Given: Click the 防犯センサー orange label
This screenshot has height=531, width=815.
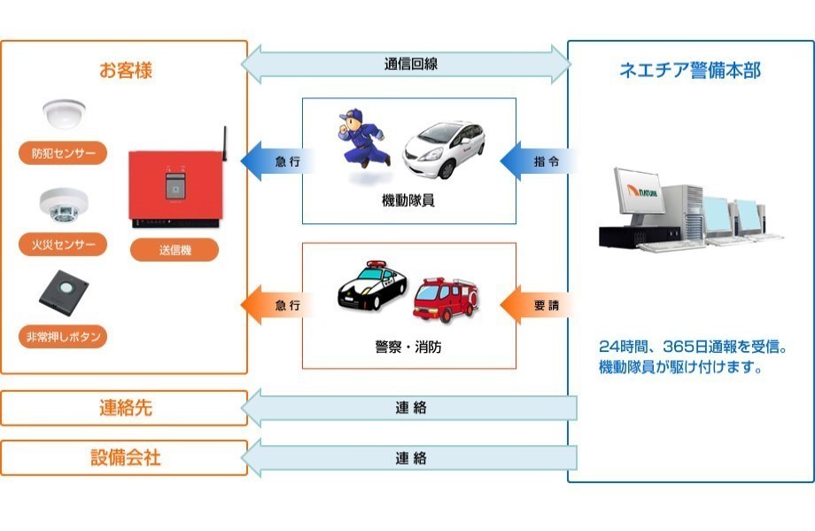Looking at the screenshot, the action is (x=63, y=152).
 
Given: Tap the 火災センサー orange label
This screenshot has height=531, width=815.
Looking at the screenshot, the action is (x=63, y=245).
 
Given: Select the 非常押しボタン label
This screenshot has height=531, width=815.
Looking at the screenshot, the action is (x=63, y=337).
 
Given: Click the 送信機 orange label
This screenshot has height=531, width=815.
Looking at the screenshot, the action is (x=175, y=250).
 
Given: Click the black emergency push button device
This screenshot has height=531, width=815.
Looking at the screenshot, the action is (x=64, y=293).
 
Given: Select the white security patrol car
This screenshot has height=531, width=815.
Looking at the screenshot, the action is (x=443, y=149).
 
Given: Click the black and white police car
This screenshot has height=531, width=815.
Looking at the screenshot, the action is (x=372, y=285).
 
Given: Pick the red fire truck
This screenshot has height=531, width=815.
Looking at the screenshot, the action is (x=446, y=299).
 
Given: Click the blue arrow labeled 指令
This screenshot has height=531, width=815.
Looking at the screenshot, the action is (x=538, y=161).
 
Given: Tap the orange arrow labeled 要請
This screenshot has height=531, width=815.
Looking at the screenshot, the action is (x=538, y=305).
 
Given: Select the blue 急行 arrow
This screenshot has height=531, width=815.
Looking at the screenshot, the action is (x=278, y=161).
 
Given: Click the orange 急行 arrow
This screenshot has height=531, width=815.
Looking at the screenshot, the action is (x=278, y=305).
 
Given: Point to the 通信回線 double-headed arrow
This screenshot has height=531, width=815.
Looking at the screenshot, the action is (x=406, y=65).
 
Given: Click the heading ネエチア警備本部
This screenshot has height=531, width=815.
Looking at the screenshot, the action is (x=690, y=70).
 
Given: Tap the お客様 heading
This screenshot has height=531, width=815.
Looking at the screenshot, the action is (x=125, y=70).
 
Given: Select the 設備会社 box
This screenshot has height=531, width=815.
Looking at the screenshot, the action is (x=124, y=457).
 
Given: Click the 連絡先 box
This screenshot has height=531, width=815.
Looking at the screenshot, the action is (x=124, y=408).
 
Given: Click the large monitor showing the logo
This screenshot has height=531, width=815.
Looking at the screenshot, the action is (x=639, y=191).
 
